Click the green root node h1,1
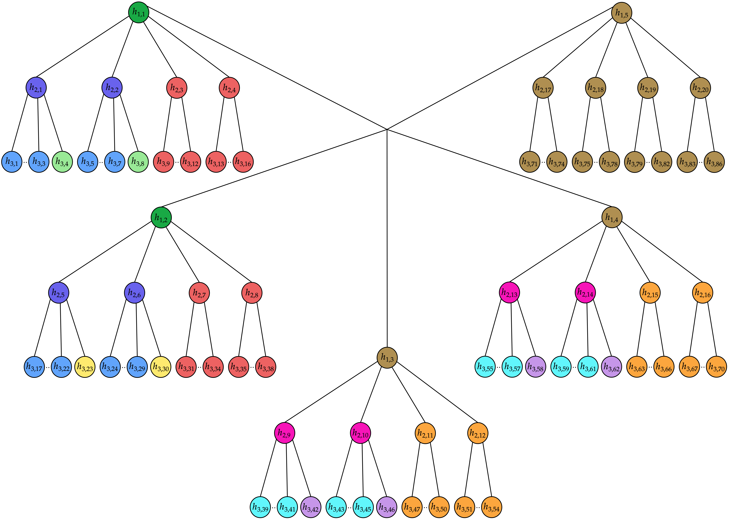pos(139,13)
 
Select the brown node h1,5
pos(622,13)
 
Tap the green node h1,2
pos(161,218)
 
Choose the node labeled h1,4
pos(612,217)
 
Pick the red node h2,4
pos(229,88)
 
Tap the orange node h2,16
pos(703,293)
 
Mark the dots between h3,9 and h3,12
pos(177,162)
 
